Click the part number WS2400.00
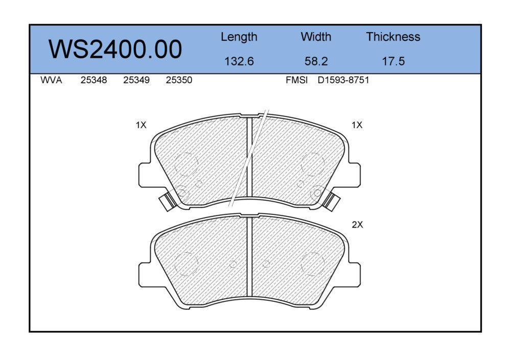(x=115, y=49)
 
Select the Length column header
(x=239, y=37)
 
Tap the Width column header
(x=316, y=37)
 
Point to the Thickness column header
(x=393, y=37)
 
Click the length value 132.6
(x=239, y=61)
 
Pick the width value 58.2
(x=316, y=61)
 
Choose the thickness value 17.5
(x=393, y=61)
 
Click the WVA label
(x=51, y=80)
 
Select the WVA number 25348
(x=94, y=80)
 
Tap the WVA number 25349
(x=136, y=80)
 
